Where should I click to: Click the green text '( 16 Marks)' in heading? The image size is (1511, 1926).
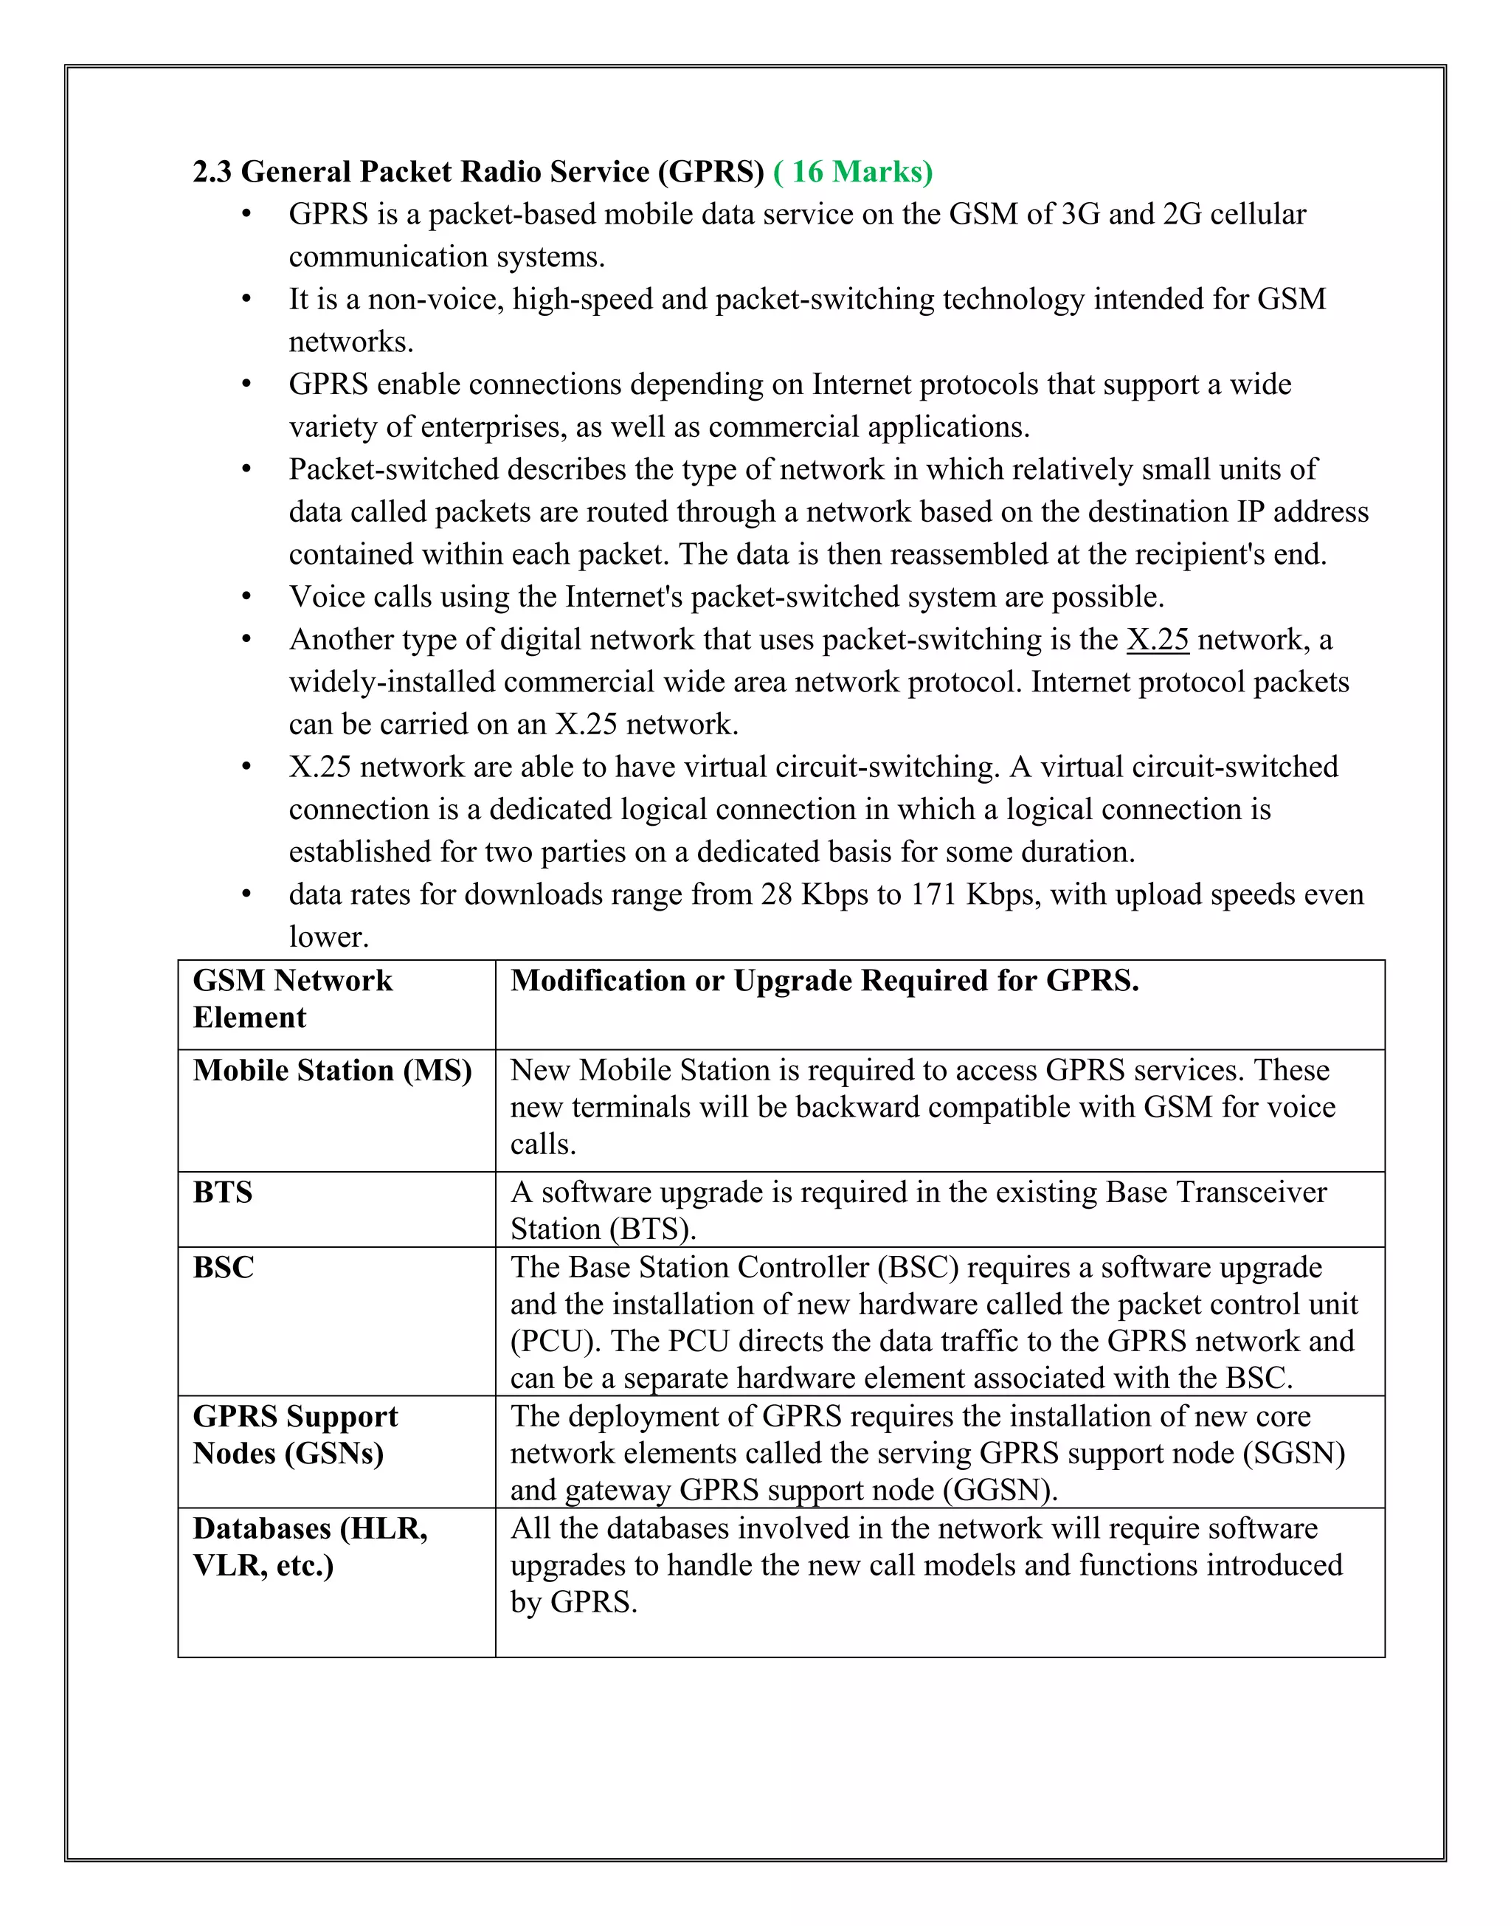[853, 172]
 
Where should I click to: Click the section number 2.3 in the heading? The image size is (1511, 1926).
[212, 172]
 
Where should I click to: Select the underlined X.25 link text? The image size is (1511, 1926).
[1157, 640]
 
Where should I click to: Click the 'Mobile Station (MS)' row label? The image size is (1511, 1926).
[333, 1071]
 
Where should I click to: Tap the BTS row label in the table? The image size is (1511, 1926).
[223, 1192]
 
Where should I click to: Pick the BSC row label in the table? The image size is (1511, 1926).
[224, 1268]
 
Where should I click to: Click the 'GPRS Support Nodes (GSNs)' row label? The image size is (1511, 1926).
[294, 1435]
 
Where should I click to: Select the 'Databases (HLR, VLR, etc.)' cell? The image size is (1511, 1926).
[310, 1547]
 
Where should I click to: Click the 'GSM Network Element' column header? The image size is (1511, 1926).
[292, 999]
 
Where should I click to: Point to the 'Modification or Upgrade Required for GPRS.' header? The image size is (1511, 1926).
[825, 981]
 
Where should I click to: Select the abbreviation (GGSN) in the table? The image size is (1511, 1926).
[1000, 1491]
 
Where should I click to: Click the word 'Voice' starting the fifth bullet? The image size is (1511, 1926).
[326, 597]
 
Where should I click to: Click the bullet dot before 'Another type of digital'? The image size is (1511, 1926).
[247, 640]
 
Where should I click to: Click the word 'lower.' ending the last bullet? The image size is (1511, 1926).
[328, 937]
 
